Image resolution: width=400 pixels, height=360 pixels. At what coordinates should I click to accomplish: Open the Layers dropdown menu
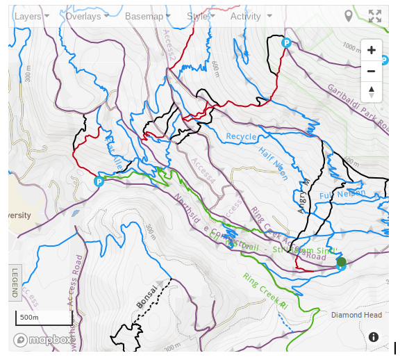31,16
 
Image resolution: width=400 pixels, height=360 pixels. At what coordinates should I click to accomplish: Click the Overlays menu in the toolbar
86,16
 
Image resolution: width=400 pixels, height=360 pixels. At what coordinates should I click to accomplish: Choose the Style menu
201,16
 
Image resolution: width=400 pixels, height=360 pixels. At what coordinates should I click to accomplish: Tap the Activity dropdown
251,16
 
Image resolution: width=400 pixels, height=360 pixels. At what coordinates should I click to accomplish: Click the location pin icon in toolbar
349,16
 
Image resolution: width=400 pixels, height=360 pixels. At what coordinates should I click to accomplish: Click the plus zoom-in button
372,50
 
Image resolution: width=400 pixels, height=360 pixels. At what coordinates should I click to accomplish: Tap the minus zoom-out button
372,71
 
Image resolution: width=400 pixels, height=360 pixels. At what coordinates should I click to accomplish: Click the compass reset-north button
372,91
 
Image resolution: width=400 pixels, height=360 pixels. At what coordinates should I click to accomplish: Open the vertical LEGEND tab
15,283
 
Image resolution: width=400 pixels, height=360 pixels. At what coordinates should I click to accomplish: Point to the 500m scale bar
44,318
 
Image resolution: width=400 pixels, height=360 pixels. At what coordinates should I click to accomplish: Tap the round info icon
374,337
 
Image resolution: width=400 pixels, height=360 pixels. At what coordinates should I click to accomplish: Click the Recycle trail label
241,136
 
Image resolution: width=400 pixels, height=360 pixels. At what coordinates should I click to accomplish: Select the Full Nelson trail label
342,195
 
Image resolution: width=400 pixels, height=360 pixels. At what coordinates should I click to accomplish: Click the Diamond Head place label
356,315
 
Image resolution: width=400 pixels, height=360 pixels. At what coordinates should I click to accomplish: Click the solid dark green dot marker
341,262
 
